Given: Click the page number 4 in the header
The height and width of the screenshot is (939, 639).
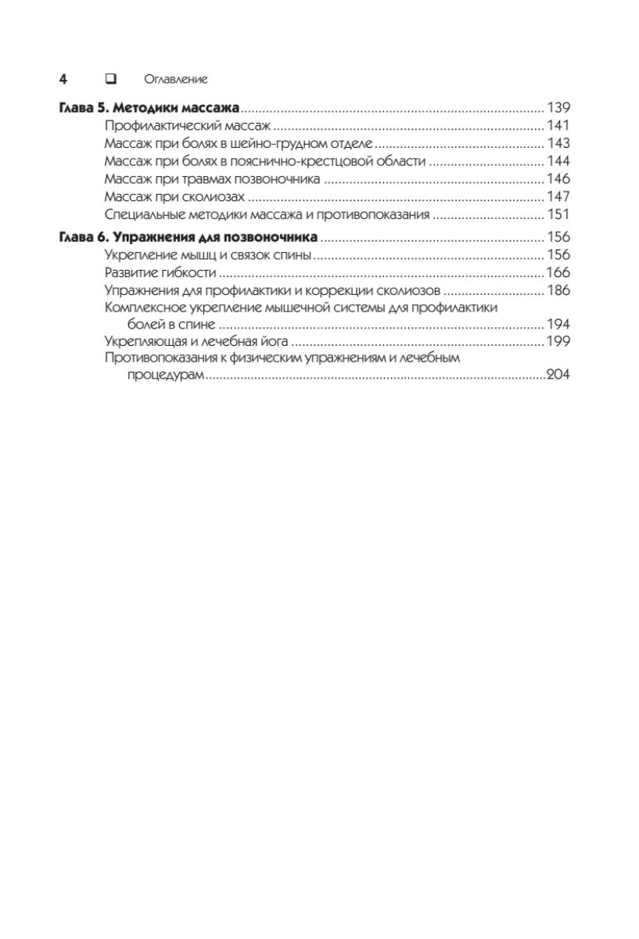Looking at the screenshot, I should tap(63, 79).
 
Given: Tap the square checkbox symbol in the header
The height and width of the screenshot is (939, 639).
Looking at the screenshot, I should tap(110, 79).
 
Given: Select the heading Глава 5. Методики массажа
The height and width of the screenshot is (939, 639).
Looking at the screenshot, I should tap(149, 107).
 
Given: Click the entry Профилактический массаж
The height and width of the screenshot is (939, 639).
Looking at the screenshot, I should tap(187, 125).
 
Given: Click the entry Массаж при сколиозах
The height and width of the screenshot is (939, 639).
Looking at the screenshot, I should tap(175, 197).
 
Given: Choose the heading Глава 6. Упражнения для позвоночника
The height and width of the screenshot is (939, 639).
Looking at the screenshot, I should tap(188, 237).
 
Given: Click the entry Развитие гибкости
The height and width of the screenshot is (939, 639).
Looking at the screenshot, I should tap(160, 273).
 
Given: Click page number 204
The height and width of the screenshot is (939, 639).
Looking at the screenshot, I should tap(558, 375).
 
